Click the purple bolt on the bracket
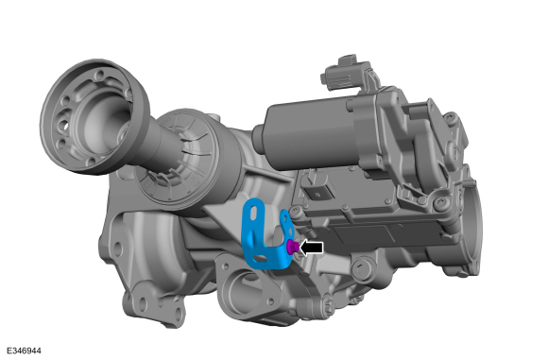[x=293, y=247]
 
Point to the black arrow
[x=312, y=247]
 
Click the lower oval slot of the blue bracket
[x=259, y=250]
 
